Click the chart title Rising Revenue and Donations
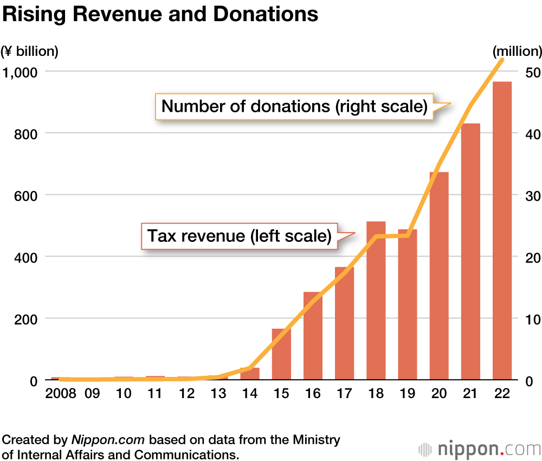[160, 15]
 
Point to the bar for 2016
[313, 336]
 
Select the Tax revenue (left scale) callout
[239, 236]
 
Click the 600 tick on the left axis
[25, 195]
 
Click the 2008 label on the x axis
[60, 394]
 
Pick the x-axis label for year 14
[250, 394]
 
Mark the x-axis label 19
[408, 394]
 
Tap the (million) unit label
[517, 52]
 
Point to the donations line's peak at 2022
[502, 59]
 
